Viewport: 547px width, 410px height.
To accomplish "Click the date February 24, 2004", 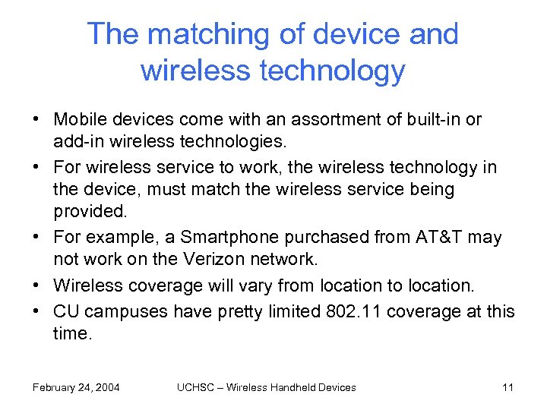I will tap(76, 387).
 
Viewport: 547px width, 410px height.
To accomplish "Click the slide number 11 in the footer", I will tap(508, 387).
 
